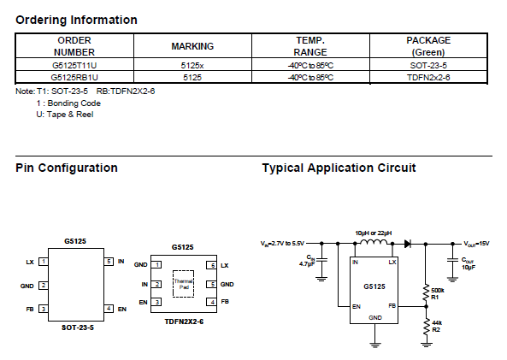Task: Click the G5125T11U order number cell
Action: click(74, 65)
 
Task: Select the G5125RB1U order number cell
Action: click(74, 77)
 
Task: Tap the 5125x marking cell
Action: click(192, 65)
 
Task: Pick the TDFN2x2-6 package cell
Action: click(428, 77)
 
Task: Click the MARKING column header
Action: click(192, 46)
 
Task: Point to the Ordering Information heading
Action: click(76, 20)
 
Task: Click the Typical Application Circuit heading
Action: click(339, 168)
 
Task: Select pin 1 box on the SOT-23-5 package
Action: click(44, 262)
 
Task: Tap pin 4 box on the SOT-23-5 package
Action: click(109, 309)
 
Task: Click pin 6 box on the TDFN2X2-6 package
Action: click(212, 265)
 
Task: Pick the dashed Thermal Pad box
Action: click(183, 284)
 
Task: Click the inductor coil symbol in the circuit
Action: click(374, 242)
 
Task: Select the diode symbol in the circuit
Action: click(408, 244)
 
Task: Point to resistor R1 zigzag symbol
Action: click(426, 292)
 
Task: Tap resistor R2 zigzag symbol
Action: click(426, 328)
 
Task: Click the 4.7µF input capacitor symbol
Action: click(321, 259)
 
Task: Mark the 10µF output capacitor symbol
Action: click(452, 259)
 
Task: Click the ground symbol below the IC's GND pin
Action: click(374, 345)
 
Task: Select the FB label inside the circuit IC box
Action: click(392, 305)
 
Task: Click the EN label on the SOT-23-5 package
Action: click(122, 310)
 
